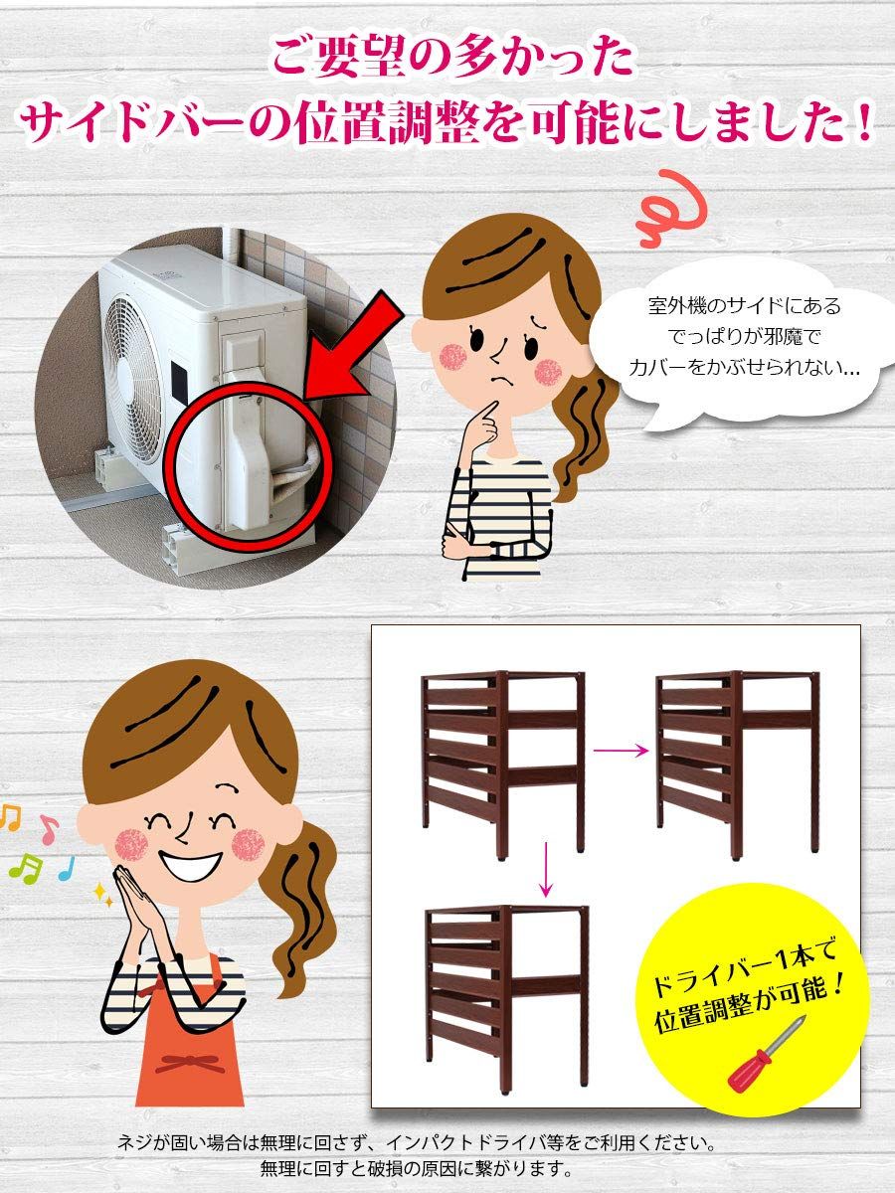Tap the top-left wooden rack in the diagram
tap(502, 761)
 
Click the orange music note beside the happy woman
tap(9, 817)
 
